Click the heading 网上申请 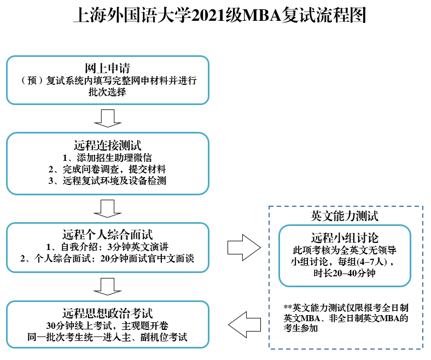(107, 68)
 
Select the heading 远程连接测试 (107, 146)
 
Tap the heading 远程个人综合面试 (107, 235)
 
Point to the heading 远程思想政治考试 (107, 313)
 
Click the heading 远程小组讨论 (345, 238)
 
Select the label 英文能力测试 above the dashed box (345, 216)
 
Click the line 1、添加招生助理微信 (107, 158)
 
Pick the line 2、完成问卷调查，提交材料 (107, 169)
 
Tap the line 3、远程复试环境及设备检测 (107, 181)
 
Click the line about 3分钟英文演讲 (107, 247)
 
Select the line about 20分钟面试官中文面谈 (107, 259)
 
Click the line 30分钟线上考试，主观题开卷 (107, 326)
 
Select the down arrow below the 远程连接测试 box (107, 208)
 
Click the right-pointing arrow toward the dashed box (243, 247)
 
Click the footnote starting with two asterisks (346, 317)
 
